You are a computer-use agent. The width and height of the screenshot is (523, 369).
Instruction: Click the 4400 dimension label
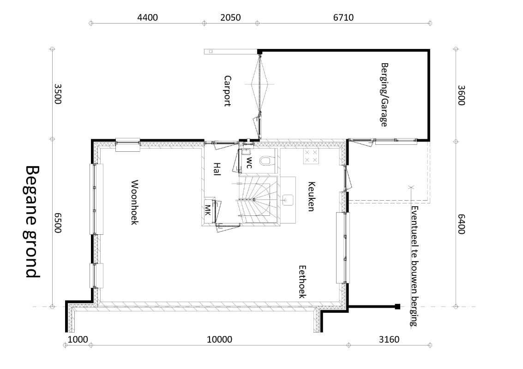tap(147, 18)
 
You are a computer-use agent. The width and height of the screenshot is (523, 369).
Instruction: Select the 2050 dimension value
tap(230, 18)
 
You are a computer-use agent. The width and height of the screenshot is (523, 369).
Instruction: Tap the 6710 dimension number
tap(343, 18)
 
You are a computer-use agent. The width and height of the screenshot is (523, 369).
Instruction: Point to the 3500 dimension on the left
tap(58, 94)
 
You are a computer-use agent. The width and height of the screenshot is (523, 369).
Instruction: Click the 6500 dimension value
tap(58, 223)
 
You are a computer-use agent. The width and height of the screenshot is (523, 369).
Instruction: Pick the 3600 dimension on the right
tap(461, 95)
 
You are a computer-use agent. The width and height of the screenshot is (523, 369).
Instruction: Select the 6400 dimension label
tap(461, 224)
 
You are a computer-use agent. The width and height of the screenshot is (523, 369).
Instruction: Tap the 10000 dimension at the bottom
tap(219, 339)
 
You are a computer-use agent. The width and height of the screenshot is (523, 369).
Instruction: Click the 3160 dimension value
tap(389, 339)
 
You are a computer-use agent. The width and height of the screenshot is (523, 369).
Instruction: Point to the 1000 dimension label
tap(78, 339)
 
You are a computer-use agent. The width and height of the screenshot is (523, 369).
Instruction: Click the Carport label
tap(228, 91)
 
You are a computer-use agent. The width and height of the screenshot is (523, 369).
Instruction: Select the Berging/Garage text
tap(385, 95)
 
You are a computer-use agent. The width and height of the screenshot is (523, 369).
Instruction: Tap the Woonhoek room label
tap(134, 202)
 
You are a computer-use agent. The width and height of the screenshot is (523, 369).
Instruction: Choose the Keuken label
tap(311, 196)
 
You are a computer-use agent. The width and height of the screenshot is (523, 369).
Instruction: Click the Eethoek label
tap(302, 282)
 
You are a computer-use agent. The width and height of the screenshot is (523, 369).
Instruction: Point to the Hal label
tap(217, 169)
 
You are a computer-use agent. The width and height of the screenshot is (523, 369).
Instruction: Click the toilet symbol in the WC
tap(265, 161)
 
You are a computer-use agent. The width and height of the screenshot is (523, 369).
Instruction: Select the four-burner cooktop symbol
tap(311, 156)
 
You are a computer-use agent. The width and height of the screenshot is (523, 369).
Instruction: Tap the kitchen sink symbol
tap(288, 200)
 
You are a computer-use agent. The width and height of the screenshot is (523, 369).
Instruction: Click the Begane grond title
tap(33, 222)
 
